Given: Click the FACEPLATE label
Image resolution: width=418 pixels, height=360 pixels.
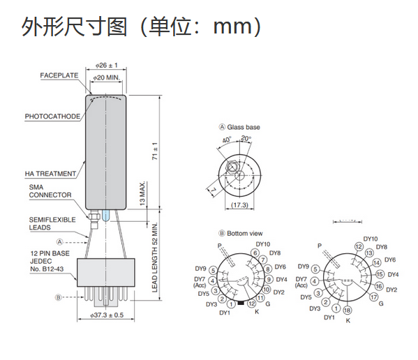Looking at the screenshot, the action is (x=59, y=75).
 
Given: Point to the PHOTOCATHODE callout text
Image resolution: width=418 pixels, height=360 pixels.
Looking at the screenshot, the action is (x=52, y=117).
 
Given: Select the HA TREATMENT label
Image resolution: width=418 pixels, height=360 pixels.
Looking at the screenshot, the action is (x=51, y=174).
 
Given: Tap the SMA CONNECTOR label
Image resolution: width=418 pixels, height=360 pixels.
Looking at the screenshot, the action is (x=50, y=191).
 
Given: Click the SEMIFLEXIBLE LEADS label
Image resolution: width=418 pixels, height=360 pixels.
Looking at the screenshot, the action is (x=52, y=223).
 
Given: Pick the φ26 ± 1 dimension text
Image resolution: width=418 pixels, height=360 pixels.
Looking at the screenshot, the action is (x=107, y=66).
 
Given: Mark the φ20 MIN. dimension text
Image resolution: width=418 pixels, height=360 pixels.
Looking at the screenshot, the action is (x=107, y=77).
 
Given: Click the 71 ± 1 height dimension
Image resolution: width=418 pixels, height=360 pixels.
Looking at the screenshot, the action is (x=155, y=151).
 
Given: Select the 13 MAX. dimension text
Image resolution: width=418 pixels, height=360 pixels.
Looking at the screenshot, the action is (x=142, y=193).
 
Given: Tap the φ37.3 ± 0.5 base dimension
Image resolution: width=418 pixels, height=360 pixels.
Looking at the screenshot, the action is (x=107, y=315).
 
